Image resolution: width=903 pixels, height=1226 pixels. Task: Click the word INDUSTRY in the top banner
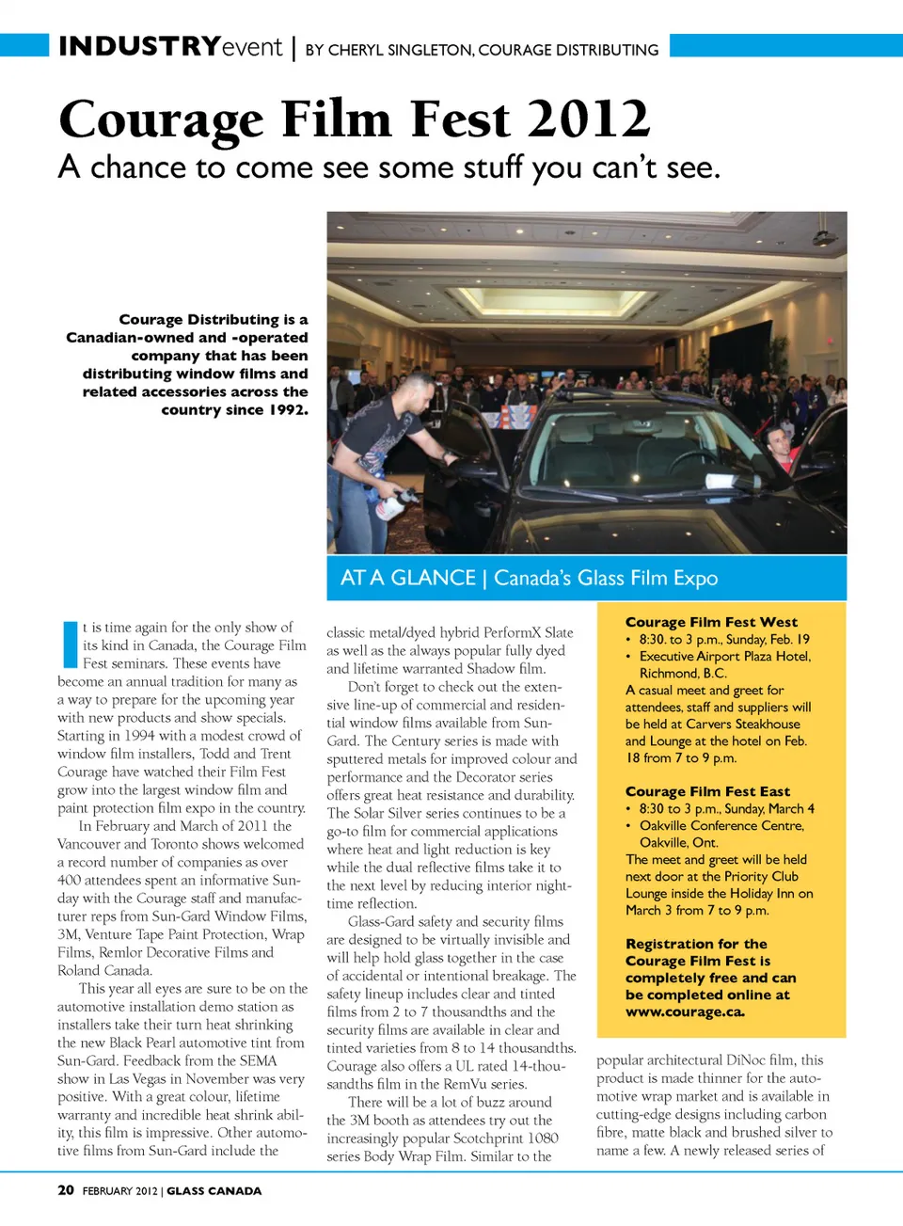[139, 46]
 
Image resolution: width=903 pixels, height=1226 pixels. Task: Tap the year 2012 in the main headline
[588, 120]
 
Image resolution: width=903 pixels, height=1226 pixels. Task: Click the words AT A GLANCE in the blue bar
[407, 578]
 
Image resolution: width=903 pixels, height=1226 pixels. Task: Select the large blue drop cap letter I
[70, 645]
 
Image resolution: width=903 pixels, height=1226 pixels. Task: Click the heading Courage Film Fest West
[711, 622]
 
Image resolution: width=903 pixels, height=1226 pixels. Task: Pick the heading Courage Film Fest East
[707, 791]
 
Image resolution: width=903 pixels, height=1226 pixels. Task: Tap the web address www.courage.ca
[685, 1011]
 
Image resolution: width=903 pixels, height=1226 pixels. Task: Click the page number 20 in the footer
[66, 1190]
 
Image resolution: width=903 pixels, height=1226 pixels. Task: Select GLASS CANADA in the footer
[214, 1191]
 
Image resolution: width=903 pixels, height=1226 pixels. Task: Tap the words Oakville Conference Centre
[721, 825]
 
